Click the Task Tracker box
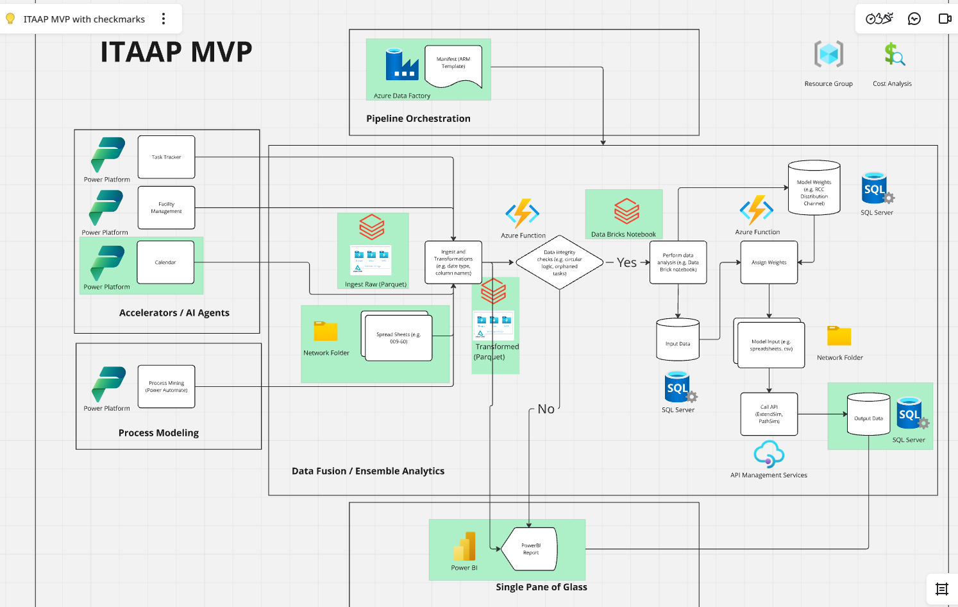[166, 157]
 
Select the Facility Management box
[166, 208]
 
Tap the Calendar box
[165, 262]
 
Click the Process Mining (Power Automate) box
[166, 387]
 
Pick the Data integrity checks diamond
[560, 262]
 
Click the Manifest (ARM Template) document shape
[453, 65]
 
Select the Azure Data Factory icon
[402, 64]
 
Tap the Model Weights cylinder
[814, 189]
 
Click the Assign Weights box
[769, 262]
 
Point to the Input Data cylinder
[678, 340]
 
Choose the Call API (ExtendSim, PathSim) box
[769, 414]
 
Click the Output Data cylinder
[868, 415]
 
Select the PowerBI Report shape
[531, 549]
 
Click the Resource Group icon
[828, 55]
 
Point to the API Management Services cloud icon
[769, 454]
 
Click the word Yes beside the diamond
[626, 262]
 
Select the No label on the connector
[546, 409]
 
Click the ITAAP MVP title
[176, 52]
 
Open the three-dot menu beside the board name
[164, 19]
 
